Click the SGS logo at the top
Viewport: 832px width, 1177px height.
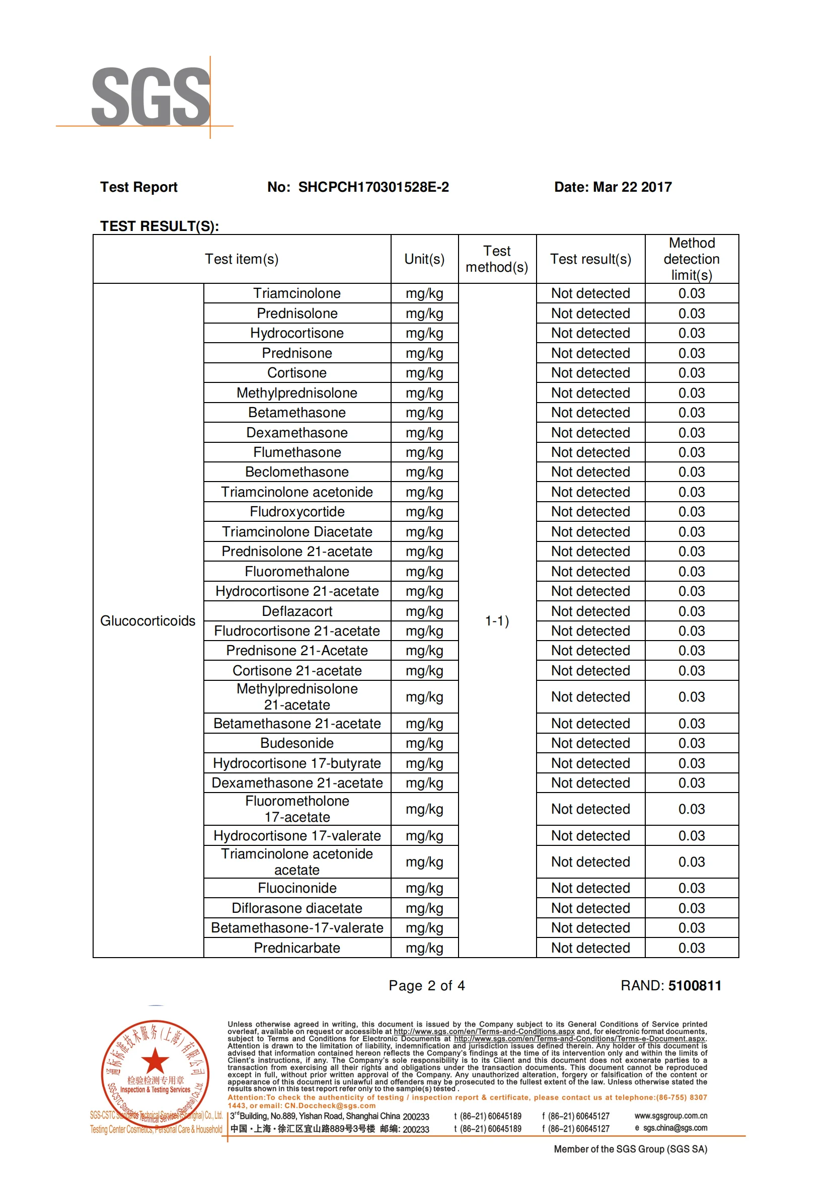pos(150,97)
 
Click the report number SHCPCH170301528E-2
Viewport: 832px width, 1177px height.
pos(373,187)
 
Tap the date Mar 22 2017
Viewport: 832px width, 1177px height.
pos(632,187)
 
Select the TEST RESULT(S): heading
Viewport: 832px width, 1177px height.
pos(160,226)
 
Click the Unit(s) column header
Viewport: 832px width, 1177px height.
pos(424,259)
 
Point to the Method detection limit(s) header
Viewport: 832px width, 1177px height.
pos(692,259)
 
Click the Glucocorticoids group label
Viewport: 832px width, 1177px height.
pos(147,621)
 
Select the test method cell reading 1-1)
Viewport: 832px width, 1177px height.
pos(497,621)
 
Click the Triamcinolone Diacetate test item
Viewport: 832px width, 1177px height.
pos(297,531)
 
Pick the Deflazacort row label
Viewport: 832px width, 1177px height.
pos(297,611)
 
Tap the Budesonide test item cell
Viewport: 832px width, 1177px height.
pos(297,743)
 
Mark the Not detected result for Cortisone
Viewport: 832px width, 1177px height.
pos(590,373)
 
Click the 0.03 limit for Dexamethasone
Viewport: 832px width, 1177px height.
pos(692,433)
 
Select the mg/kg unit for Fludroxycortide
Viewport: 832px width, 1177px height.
pos(424,512)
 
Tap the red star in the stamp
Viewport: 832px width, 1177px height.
pos(155,1061)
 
